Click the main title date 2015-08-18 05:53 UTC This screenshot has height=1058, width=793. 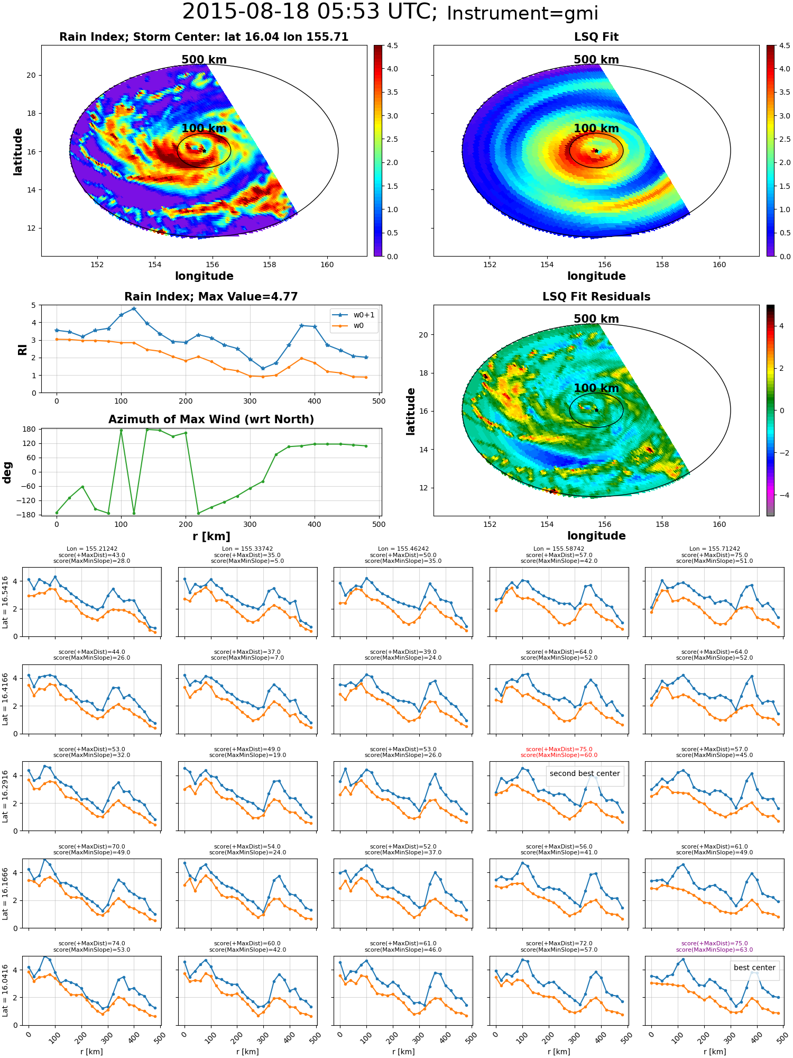point(309,12)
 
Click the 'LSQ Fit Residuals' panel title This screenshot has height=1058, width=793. point(596,297)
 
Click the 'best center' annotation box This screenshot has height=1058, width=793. point(754,968)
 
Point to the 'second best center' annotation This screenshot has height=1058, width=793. point(585,773)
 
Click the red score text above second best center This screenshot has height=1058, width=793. point(559,752)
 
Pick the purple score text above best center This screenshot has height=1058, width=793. point(714,946)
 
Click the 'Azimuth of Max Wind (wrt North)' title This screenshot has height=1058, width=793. point(211,419)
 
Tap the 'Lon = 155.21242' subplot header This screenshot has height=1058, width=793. point(92,549)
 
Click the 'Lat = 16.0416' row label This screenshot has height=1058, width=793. point(5,990)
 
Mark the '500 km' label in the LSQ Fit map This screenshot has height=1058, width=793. point(596,60)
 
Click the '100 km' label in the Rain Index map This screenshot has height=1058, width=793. point(204,129)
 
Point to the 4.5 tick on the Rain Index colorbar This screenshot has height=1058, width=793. point(392,45)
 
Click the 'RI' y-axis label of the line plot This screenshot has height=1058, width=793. point(23,349)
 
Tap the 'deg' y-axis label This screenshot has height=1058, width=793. point(7,472)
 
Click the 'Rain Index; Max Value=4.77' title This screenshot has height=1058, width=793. point(211,297)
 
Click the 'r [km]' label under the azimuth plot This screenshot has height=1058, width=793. point(211,536)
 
